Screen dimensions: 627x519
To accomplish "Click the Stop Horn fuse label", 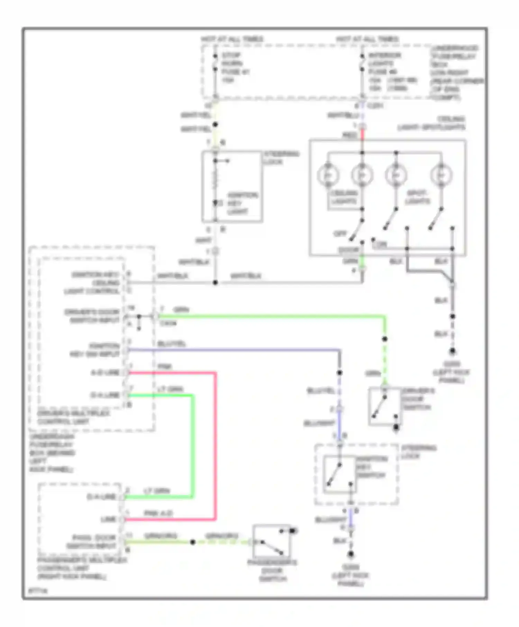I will tap(235, 67).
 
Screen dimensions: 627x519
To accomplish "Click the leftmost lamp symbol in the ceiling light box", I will tap(328, 175).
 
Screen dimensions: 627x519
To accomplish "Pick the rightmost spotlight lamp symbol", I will tap(441, 175).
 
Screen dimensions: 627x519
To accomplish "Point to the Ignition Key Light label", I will tap(242, 203).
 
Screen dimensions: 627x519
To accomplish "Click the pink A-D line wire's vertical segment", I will tap(215, 446).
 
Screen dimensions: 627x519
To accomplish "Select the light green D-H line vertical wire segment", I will tap(193, 446).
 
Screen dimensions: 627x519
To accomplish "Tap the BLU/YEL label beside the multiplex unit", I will tap(172, 344).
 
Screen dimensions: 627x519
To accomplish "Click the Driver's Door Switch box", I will tap(384, 406).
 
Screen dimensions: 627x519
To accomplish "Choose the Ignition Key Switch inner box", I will tap(339, 474).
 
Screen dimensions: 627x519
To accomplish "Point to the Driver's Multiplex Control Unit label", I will tap(73, 418).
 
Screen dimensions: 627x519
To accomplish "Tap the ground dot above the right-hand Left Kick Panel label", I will tap(452, 352).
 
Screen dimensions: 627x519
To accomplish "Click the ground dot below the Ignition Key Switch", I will tap(351, 554).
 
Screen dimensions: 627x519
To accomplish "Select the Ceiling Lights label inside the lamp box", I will tap(344, 197).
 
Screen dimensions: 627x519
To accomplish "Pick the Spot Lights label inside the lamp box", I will tap(418, 197).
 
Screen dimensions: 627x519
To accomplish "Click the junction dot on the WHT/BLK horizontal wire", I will tap(215, 283).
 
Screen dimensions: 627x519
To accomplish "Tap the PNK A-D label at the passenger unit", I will tap(158, 513).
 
